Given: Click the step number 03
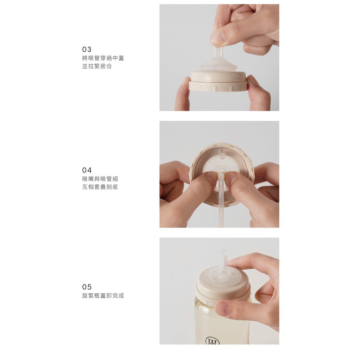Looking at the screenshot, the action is click(x=86, y=49).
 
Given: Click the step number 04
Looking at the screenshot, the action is click(x=87, y=170).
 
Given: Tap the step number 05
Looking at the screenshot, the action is click(x=87, y=287).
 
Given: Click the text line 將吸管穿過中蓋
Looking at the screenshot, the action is click(x=103, y=58).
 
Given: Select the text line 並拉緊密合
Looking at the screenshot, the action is click(x=97, y=66).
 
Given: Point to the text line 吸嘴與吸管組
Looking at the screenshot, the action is click(x=100, y=179).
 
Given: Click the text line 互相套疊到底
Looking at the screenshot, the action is click(x=100, y=187).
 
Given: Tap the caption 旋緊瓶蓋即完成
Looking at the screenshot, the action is click(x=103, y=295).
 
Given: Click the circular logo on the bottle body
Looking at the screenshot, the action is click(x=212, y=341).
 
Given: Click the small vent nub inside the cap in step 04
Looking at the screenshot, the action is click(x=223, y=154).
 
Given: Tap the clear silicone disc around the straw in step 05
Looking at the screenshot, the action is click(x=223, y=273).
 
